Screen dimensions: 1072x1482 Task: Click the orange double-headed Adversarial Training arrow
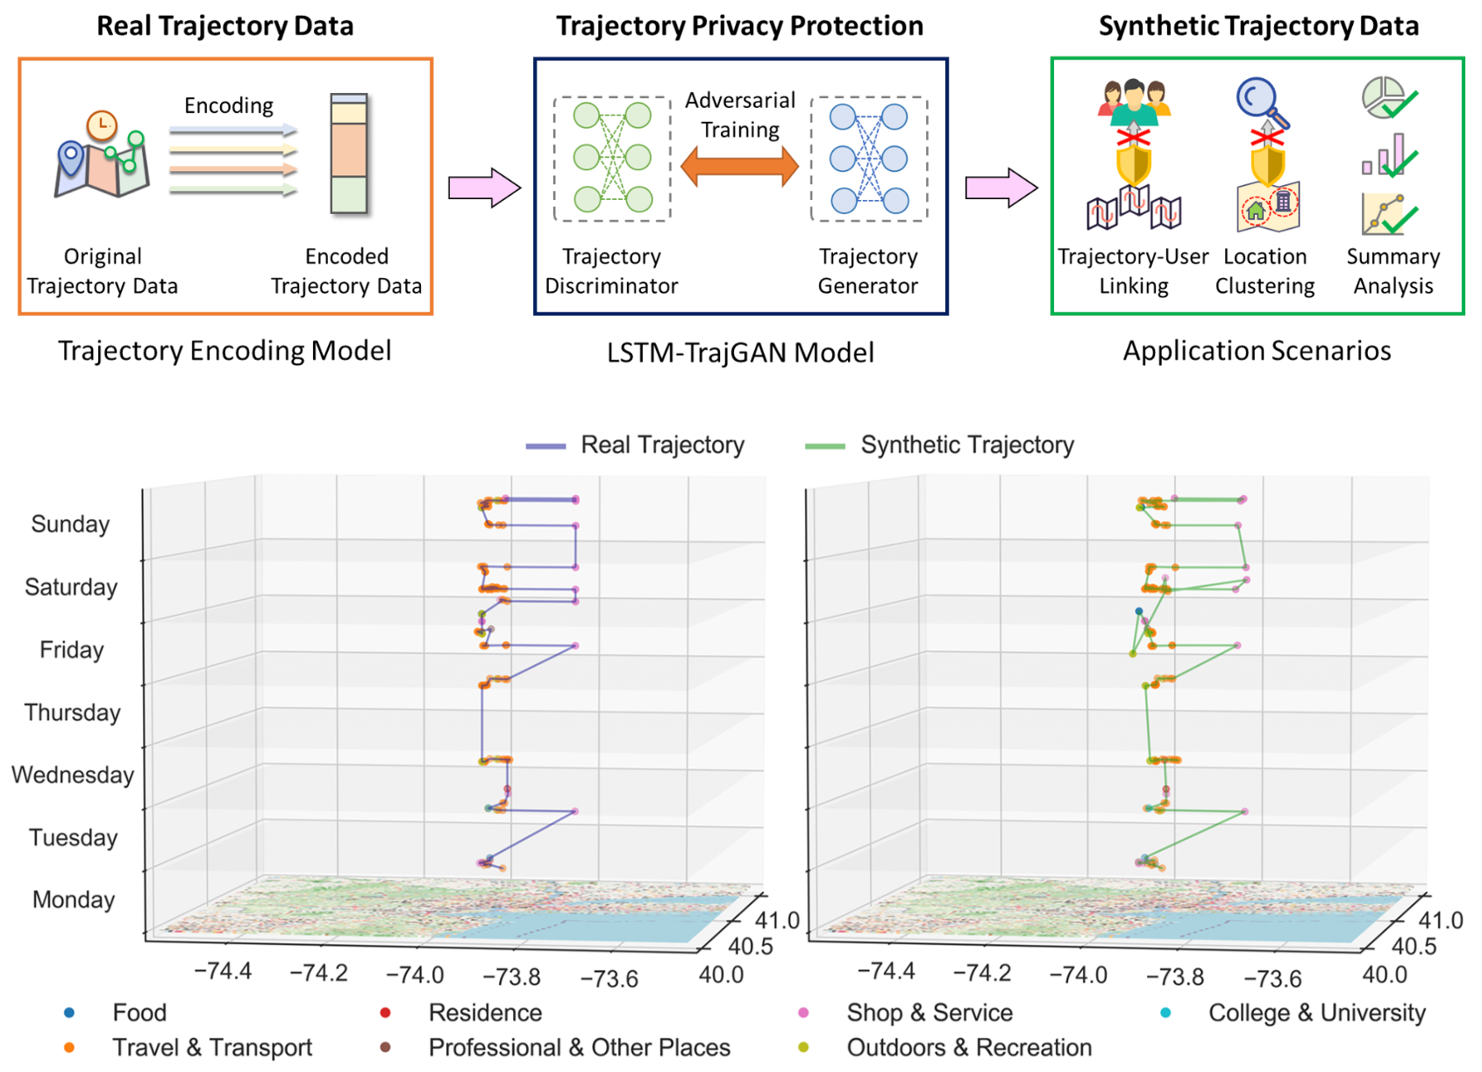[739, 167]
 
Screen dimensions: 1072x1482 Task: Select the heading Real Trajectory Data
[224, 25]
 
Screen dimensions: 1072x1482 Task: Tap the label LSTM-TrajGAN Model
[740, 353]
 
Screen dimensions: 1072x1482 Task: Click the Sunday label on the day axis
[70, 524]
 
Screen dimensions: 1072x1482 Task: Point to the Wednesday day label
[73, 775]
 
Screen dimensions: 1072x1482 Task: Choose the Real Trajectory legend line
[545, 446]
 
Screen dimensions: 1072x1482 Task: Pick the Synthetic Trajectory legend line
[824, 446]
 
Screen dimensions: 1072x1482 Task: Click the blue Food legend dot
[69, 1012]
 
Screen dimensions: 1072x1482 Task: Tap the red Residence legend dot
[385, 1012]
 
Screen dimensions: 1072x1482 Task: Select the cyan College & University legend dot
[1165, 1012]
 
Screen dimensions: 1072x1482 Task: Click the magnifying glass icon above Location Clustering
[1261, 100]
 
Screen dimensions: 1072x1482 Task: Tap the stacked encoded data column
[348, 154]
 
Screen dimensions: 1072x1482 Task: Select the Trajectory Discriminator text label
[611, 271]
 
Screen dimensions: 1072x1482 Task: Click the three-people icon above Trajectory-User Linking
[1134, 101]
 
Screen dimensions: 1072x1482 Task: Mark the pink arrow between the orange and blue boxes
[484, 187]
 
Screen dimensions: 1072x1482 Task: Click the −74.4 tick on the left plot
[223, 970]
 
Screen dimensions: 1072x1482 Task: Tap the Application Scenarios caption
[1257, 351]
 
